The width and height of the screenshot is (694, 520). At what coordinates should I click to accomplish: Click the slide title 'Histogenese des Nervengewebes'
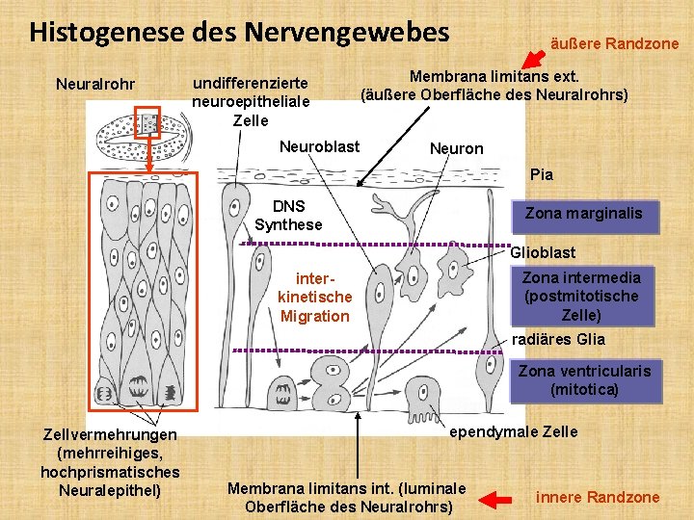tap(239, 33)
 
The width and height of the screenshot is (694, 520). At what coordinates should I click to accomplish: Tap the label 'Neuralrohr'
tap(95, 85)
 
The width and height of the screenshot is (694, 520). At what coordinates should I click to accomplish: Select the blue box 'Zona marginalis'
tap(583, 214)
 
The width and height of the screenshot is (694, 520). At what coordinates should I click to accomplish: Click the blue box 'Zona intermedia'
tap(580, 296)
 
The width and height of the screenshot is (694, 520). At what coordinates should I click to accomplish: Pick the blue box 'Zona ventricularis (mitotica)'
tap(584, 380)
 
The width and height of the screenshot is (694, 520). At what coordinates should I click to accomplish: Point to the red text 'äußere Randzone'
tap(614, 43)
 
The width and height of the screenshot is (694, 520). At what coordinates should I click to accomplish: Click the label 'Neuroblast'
tap(319, 146)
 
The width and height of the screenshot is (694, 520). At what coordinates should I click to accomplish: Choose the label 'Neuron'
tap(456, 148)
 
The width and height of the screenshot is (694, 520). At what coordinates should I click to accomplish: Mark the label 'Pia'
tap(542, 174)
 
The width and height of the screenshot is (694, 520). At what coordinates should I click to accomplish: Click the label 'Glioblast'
tap(543, 252)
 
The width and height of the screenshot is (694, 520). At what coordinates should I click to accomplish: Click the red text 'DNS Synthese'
tap(288, 216)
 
